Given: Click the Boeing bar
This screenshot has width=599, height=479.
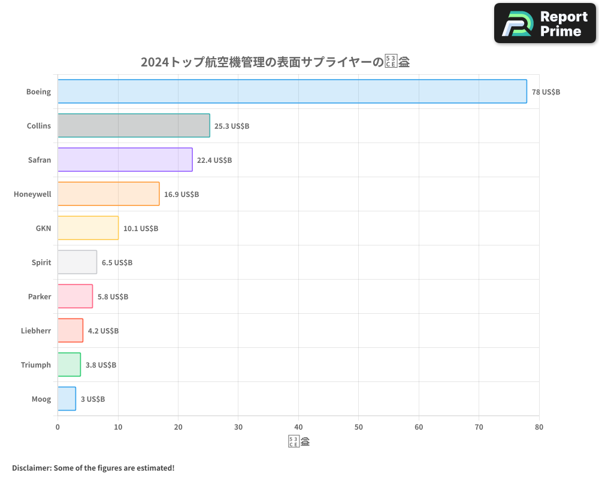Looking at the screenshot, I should pos(292,92).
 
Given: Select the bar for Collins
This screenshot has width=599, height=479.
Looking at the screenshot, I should pos(134,126).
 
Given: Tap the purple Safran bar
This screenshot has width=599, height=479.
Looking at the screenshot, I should pos(125,160).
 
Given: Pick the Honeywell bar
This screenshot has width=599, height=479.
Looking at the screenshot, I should pos(108,194).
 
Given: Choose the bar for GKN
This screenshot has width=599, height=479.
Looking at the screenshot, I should pos(88,228).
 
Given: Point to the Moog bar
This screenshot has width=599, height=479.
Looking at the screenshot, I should pos(66,399).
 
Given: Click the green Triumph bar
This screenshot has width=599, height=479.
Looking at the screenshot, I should pos(69,365).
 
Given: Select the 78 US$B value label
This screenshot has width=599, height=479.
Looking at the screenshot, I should pos(546,92).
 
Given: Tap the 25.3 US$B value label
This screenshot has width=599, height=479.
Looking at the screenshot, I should pos(232,126).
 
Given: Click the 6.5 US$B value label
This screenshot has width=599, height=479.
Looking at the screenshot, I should pos(117,263).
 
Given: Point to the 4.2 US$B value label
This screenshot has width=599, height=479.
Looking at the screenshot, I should pos(103,331).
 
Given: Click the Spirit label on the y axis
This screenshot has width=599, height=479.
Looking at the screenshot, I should pos(41,262).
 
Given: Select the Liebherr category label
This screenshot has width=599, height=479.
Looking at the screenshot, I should pos(36,331).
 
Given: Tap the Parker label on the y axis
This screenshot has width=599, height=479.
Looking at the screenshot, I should pos(40,296).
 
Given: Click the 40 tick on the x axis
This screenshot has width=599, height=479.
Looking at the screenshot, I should pos(298,427).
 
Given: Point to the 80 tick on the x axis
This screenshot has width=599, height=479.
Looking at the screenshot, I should pos(539,427).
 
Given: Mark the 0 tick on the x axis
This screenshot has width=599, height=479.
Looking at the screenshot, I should pos(58,427).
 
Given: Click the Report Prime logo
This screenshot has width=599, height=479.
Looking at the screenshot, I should pos(544,23).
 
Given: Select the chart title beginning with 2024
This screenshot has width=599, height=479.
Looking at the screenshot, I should pos(275,62).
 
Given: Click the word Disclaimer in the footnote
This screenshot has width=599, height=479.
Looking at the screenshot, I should pos(31,468).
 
